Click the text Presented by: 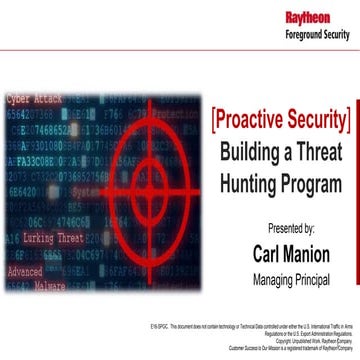point(284,229)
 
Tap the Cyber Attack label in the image point(32,101)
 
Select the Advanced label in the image point(25,271)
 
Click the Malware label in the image point(50,286)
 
